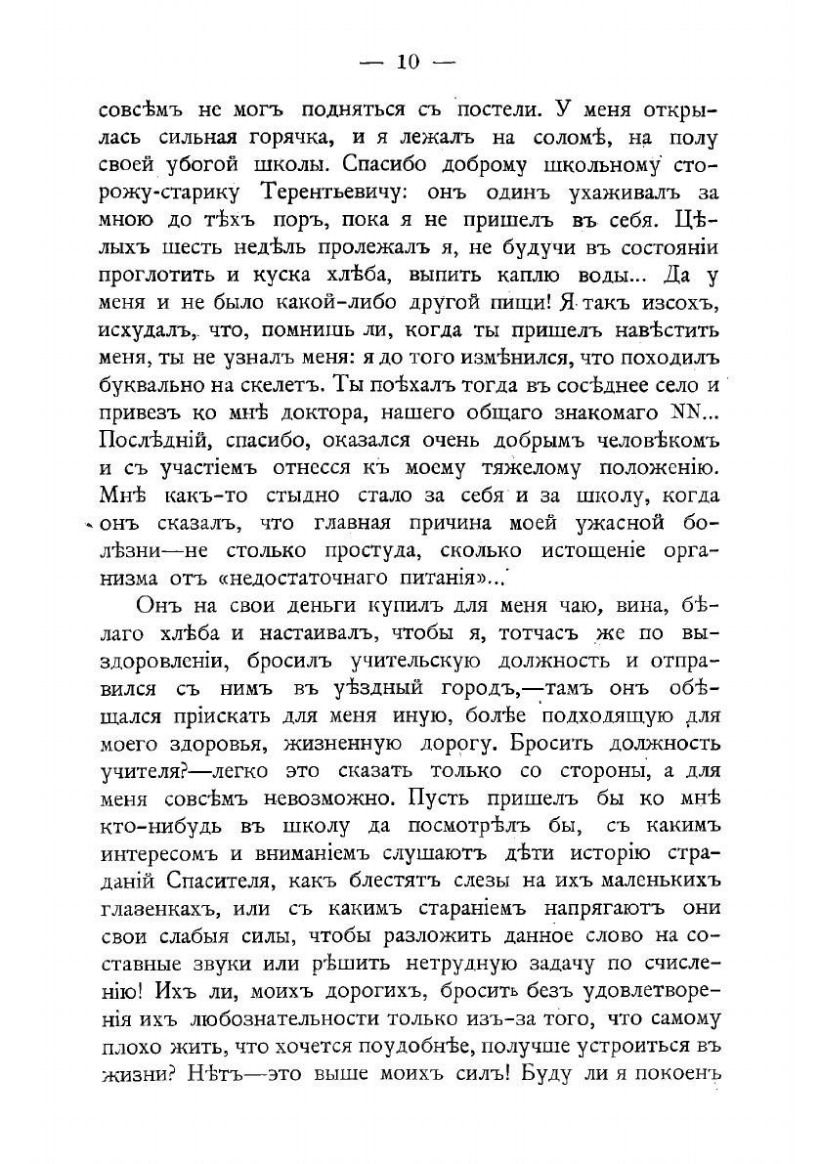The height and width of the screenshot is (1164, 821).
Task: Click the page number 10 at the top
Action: (409, 64)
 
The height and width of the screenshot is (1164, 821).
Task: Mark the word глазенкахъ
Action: (164, 907)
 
